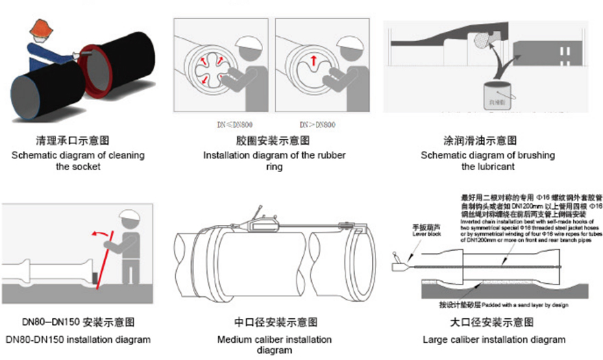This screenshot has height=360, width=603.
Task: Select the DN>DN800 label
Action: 317,124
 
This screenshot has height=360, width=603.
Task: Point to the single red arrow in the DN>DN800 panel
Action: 312,61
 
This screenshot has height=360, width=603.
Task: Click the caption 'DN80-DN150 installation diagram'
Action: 77,339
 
